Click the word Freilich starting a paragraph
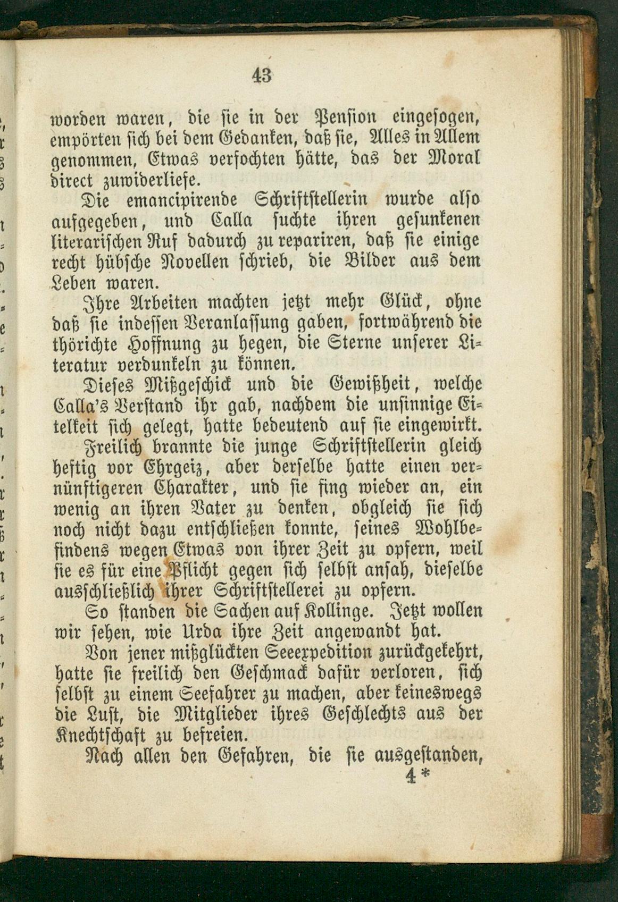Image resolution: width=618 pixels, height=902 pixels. pos(109,446)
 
